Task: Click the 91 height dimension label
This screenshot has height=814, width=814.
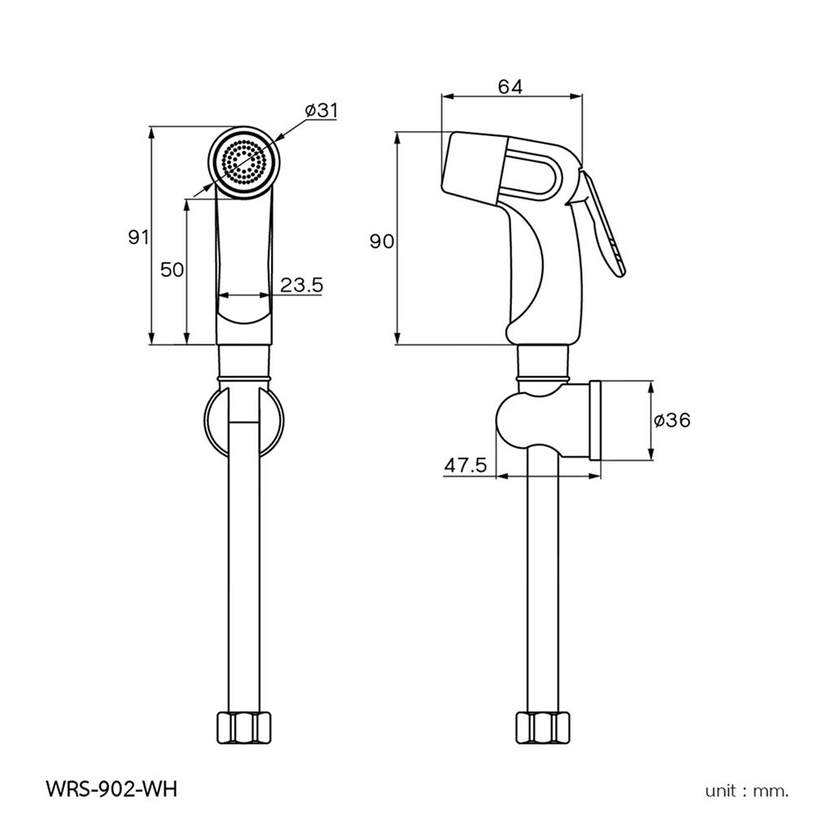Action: (138, 237)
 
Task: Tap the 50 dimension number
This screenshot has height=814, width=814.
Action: (173, 269)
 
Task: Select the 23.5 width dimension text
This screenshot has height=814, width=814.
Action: (302, 285)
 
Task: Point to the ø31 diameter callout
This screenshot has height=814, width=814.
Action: (322, 110)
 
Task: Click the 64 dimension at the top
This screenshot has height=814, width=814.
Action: (510, 87)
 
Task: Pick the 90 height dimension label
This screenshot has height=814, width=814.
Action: (382, 241)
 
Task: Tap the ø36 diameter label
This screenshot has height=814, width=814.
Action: (672, 420)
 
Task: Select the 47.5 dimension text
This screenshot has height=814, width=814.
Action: (466, 465)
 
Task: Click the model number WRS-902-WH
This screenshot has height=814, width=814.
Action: (112, 789)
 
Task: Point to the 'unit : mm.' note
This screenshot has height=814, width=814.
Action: (746, 790)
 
